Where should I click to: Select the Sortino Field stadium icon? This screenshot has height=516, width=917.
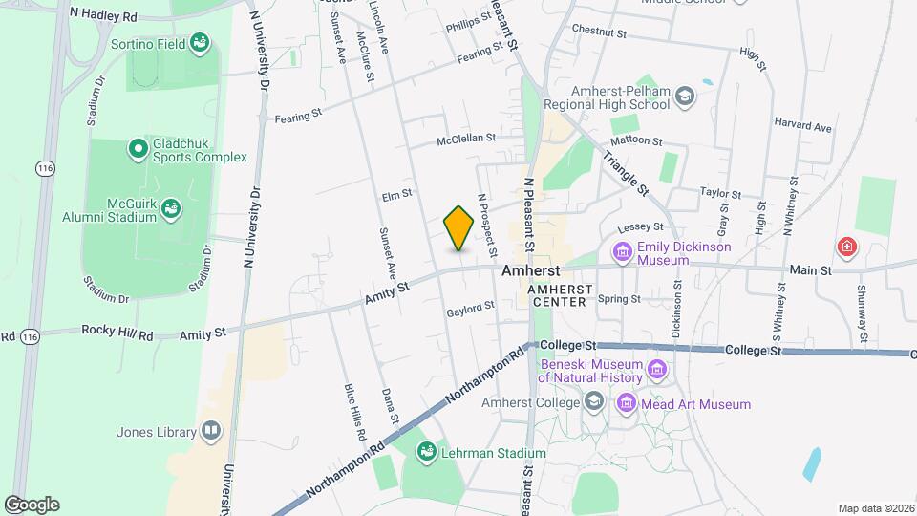(x=200, y=42)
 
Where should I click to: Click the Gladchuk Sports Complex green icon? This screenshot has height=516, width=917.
(x=138, y=148)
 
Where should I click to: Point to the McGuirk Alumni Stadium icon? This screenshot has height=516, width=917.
(x=171, y=207)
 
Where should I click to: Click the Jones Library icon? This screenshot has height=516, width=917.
(x=211, y=432)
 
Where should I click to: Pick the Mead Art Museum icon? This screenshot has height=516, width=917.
(x=627, y=404)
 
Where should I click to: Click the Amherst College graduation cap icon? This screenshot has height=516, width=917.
(x=595, y=402)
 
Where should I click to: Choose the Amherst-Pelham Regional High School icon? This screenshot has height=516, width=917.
(x=685, y=96)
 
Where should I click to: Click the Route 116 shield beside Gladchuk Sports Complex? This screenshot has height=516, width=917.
(x=44, y=168)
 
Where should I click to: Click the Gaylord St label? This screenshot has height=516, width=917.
(x=470, y=308)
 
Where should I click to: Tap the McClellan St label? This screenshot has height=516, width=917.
(x=466, y=138)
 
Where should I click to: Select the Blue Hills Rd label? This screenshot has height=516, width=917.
(x=354, y=413)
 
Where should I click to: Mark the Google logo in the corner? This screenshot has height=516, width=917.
(x=32, y=505)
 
